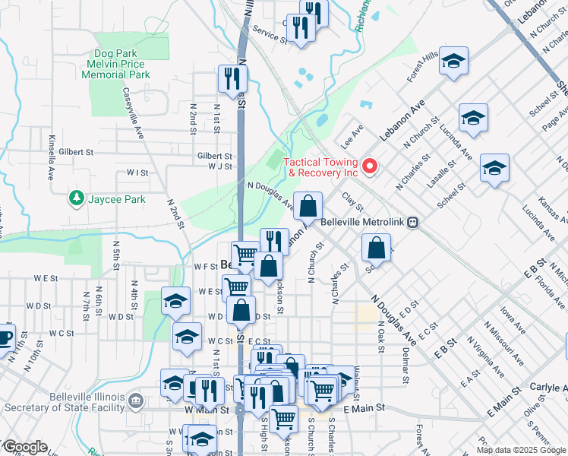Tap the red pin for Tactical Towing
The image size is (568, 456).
click(x=371, y=165)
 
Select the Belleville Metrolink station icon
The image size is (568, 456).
click(x=412, y=223)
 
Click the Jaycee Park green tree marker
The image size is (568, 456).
click(x=76, y=199)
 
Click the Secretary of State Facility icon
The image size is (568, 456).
click(x=135, y=401)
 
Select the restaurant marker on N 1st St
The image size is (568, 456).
click(x=232, y=78)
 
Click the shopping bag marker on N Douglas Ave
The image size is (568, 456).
click(x=308, y=205)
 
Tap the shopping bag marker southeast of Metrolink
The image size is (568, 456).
click(x=376, y=247)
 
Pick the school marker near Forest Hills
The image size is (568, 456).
click(x=453, y=60)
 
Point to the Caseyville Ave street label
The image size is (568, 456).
click(x=133, y=112)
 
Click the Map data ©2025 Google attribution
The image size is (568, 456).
click(x=521, y=450)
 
